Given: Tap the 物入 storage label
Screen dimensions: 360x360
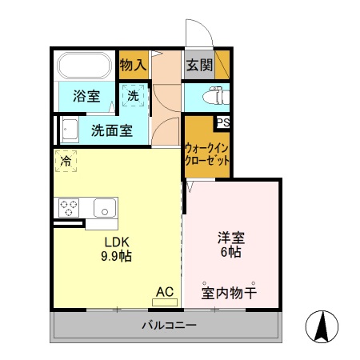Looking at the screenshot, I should click(x=132, y=66).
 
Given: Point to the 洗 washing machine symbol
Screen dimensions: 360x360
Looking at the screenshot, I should click(x=134, y=96).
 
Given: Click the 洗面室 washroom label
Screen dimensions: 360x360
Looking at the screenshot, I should click(x=111, y=129).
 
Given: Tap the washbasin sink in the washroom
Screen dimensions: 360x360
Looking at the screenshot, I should click(x=69, y=129).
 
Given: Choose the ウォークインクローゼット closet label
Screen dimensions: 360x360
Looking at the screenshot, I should click(x=207, y=154).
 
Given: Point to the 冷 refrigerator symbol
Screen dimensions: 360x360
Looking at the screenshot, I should click(x=66, y=161).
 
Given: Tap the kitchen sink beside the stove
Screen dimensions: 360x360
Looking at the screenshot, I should click(x=105, y=208).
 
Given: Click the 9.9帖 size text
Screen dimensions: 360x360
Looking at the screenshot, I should click(x=115, y=257).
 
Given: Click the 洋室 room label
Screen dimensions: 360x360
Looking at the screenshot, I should click(x=231, y=238).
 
